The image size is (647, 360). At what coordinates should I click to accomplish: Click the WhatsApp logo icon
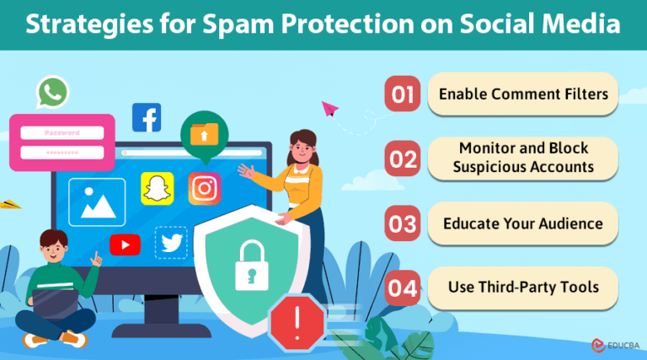(51, 93)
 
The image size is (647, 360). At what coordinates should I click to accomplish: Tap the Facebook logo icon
(147, 117)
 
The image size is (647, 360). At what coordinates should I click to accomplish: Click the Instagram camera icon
(204, 188)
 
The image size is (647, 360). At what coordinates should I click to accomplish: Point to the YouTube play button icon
(125, 244)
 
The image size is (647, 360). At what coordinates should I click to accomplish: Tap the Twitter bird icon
(171, 243)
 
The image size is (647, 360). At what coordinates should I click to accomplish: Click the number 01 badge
(403, 94)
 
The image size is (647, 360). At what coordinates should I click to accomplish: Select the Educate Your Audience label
(523, 224)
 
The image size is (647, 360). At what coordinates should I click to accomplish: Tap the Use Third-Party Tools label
(523, 287)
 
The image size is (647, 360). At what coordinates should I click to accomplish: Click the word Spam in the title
(231, 24)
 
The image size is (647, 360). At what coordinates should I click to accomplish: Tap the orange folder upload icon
(204, 132)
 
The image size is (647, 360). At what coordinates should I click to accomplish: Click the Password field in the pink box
(61, 132)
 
